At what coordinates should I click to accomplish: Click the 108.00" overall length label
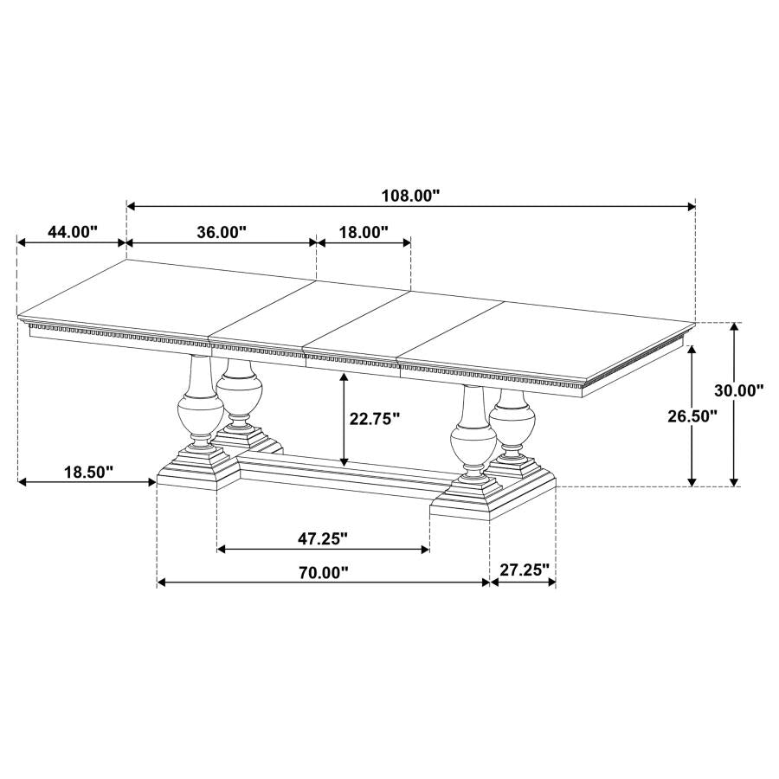coord(411,196)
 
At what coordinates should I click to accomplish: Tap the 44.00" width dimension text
coord(73,231)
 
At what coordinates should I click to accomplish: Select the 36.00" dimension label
coord(222,231)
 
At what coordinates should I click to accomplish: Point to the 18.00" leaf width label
coord(364,231)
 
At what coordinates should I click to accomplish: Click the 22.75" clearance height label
coord(375,419)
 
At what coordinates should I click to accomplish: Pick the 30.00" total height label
coord(739,390)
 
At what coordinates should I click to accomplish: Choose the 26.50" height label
coord(692,415)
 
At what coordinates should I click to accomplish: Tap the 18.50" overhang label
coord(89,472)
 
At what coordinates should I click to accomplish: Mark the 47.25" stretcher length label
coord(323,538)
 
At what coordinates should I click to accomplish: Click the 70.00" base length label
coord(324,572)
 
